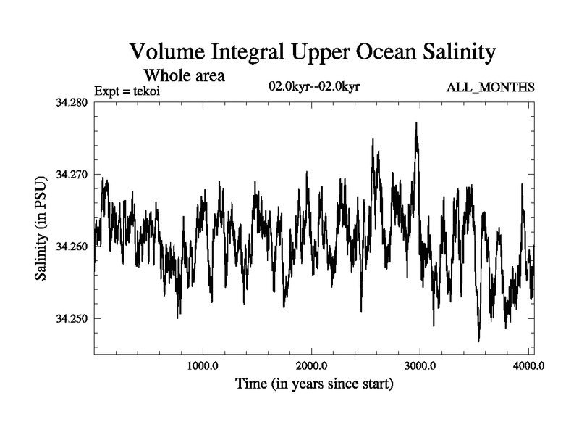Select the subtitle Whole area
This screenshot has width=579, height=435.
coord(185,75)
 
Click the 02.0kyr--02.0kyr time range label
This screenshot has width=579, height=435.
coord(314,87)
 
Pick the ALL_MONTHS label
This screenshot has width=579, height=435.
coord(491,88)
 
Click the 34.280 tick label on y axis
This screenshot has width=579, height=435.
coord(72,102)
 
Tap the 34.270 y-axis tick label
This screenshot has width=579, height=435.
coord(72,175)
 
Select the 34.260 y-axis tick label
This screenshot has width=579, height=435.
coord(72,246)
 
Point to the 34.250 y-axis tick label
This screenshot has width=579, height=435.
coord(72,319)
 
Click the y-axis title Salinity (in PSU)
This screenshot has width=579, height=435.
coord(42,228)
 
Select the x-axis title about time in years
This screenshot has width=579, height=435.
coord(314,384)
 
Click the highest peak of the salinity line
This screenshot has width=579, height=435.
coord(416,123)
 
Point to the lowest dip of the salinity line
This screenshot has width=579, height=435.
coord(478,341)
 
